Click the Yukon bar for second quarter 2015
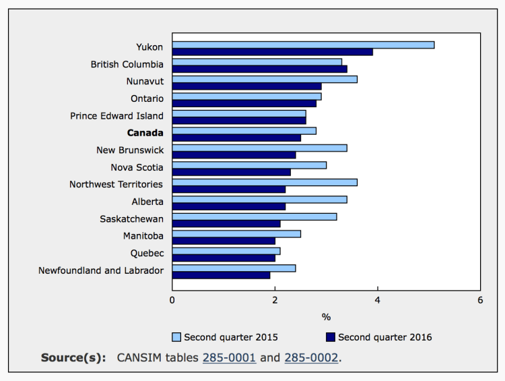click(x=303, y=45)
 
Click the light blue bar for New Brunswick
click(x=259, y=148)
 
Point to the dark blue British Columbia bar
click(x=259, y=69)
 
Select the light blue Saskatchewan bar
click(x=255, y=216)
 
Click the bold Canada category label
click(x=145, y=133)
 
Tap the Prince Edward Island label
click(x=116, y=116)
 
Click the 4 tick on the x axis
click(x=378, y=299)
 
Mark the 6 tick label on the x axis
click(x=480, y=299)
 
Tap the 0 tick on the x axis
click(x=172, y=299)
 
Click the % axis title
click(x=326, y=316)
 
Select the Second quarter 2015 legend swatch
click(x=177, y=336)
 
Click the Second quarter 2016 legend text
click(x=385, y=336)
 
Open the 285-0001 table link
click(x=229, y=357)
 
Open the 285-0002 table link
click(x=311, y=357)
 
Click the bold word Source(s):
click(x=73, y=357)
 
